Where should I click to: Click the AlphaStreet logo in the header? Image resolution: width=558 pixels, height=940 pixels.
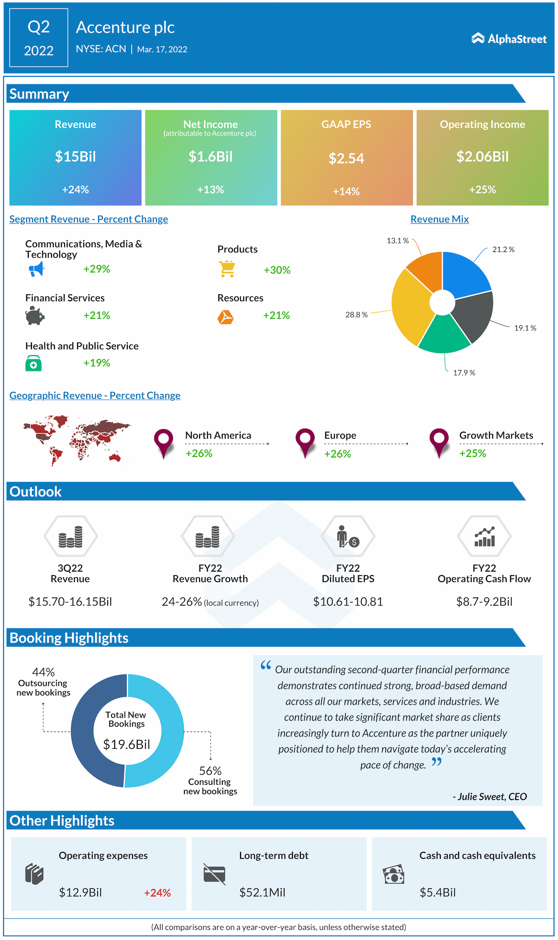(509, 39)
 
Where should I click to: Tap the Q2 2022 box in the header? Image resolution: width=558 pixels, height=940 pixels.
(39, 38)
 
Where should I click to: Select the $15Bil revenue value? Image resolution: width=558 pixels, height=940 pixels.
(75, 157)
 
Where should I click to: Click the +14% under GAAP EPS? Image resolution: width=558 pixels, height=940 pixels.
(346, 191)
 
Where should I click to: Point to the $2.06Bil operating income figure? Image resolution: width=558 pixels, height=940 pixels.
(482, 157)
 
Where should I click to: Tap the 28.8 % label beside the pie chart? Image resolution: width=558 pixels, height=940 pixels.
(356, 315)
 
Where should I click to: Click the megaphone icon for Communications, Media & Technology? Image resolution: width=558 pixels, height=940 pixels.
(37, 269)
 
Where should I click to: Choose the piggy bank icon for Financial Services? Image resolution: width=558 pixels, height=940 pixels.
(35, 315)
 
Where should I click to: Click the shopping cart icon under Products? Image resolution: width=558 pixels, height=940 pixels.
(228, 269)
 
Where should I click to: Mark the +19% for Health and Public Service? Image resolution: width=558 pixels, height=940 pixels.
(97, 363)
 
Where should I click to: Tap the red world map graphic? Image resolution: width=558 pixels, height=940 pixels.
(76, 439)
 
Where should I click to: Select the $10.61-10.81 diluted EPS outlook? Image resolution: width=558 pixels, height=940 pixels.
(348, 602)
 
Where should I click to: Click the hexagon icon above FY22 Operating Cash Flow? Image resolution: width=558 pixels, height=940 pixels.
(484, 536)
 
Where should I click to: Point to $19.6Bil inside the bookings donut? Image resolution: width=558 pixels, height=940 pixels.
(126, 744)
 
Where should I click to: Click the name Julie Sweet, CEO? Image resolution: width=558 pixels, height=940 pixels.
(490, 797)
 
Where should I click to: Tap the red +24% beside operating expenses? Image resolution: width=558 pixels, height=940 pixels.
(157, 893)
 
